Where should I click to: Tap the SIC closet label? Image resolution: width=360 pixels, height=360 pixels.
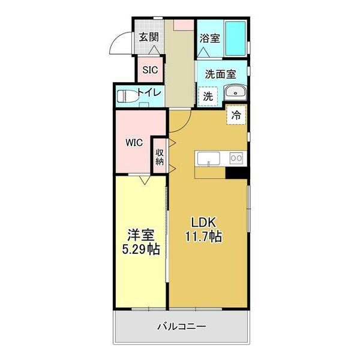(149, 70)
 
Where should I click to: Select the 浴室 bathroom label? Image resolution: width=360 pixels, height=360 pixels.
(209, 38)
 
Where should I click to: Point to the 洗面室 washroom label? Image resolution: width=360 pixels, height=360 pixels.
(220, 74)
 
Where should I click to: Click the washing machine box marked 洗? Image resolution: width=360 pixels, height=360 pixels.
(207, 95)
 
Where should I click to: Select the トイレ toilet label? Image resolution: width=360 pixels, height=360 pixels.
(148, 93)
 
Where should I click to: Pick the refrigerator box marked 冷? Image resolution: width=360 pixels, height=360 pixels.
(236, 114)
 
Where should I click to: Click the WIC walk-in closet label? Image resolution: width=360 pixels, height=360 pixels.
(133, 143)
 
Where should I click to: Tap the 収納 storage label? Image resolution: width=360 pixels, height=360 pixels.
(160, 156)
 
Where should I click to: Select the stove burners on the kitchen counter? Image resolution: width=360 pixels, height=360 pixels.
(235, 158)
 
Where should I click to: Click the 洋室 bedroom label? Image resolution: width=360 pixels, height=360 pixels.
(138, 233)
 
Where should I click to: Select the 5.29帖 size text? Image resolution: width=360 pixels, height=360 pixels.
(138, 248)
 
